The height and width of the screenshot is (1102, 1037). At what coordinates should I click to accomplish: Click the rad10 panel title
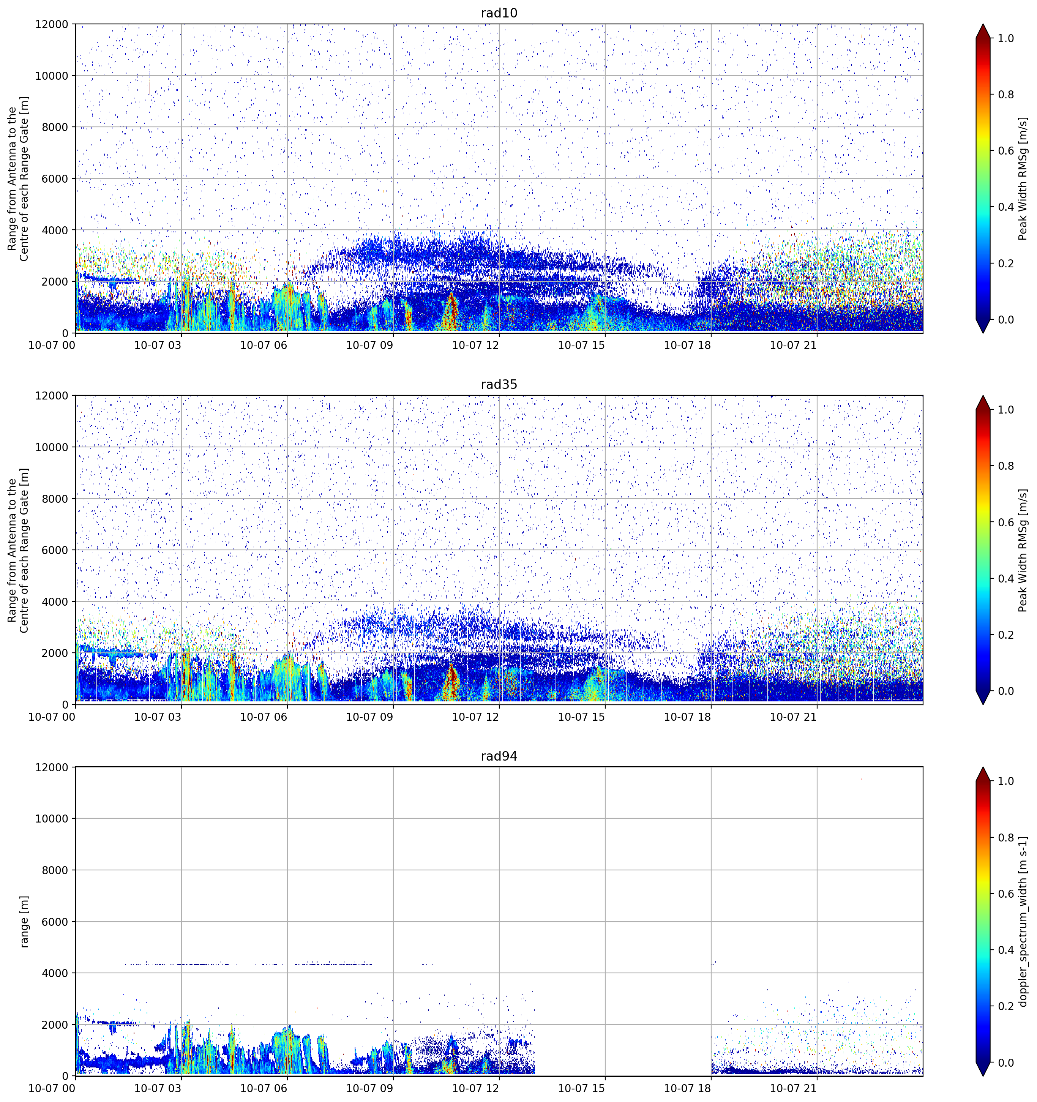click(499, 13)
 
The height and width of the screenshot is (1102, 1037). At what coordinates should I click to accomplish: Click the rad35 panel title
click(499, 385)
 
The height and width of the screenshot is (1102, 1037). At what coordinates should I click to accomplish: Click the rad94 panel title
click(499, 756)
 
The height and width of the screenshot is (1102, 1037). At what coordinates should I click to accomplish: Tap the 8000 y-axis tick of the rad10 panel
click(55, 127)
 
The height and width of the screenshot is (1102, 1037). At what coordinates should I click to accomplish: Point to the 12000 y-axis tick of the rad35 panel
click(52, 396)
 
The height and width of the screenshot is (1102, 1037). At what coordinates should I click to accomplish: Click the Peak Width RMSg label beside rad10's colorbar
click(1023, 178)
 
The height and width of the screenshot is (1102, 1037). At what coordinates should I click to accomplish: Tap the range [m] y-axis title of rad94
click(24, 921)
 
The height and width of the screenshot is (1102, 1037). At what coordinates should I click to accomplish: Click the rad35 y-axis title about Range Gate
click(18, 550)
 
